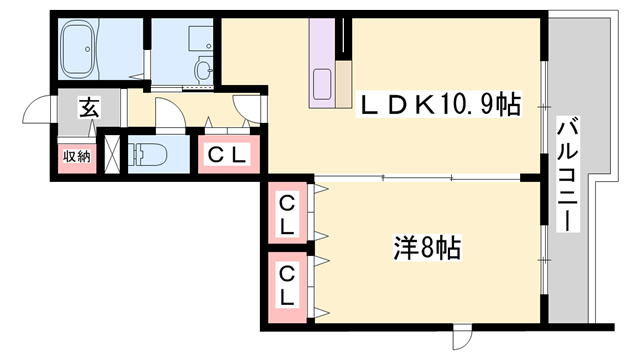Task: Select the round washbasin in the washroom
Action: [x=204, y=69]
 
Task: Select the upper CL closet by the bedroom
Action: [x=287, y=215]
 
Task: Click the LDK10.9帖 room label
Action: [x=438, y=104]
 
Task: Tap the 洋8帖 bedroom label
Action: [x=421, y=245]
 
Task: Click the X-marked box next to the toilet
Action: [x=112, y=154]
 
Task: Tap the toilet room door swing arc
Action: [x=170, y=116]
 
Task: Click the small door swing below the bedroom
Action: [x=461, y=338]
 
